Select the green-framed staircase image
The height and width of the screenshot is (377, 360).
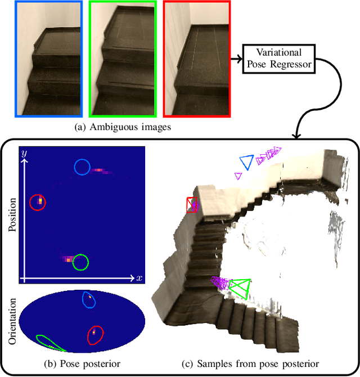[121, 59]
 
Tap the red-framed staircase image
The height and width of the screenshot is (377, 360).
[197, 59]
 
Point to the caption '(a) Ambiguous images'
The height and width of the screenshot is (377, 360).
[123, 128]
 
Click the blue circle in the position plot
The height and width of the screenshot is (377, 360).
[82, 167]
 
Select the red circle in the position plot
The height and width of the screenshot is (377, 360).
[38, 203]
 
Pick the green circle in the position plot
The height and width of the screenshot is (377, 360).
[80, 262]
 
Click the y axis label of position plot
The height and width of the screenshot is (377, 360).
[23, 154]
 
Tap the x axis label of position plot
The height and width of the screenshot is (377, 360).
[139, 278]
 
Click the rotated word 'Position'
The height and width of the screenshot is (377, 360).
[12, 214]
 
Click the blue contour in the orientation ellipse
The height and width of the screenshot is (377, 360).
[89, 300]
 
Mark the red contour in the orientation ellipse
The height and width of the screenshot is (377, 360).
[95, 335]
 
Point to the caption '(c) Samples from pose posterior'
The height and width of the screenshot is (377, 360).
[251, 363]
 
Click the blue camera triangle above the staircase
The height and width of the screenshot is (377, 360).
[245, 163]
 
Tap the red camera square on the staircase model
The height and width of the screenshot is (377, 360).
[192, 205]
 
